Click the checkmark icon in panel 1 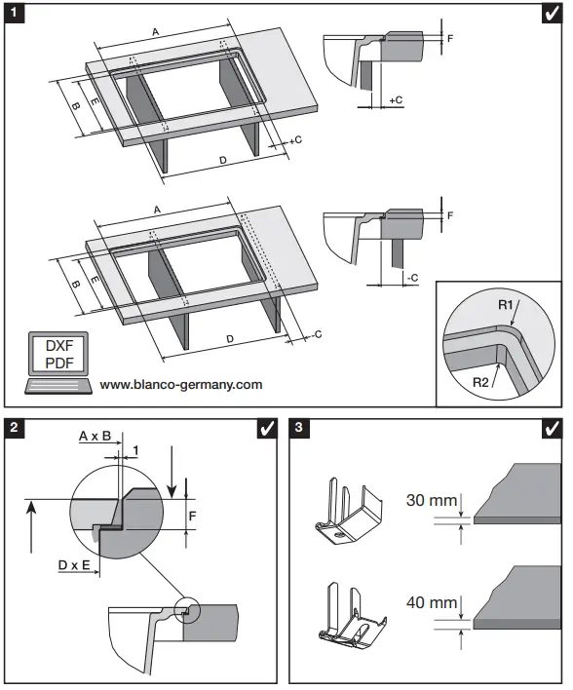[x=551, y=16]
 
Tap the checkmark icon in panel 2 [x=265, y=429]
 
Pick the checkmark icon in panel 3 [x=551, y=429]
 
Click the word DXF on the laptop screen [x=59, y=346]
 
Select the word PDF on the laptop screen [x=59, y=364]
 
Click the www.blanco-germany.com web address [x=181, y=385]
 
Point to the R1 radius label [x=506, y=305]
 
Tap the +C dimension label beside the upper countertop [x=295, y=140]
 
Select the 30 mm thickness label [x=432, y=500]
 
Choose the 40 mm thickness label [x=432, y=604]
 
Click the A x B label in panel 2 [x=95, y=438]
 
